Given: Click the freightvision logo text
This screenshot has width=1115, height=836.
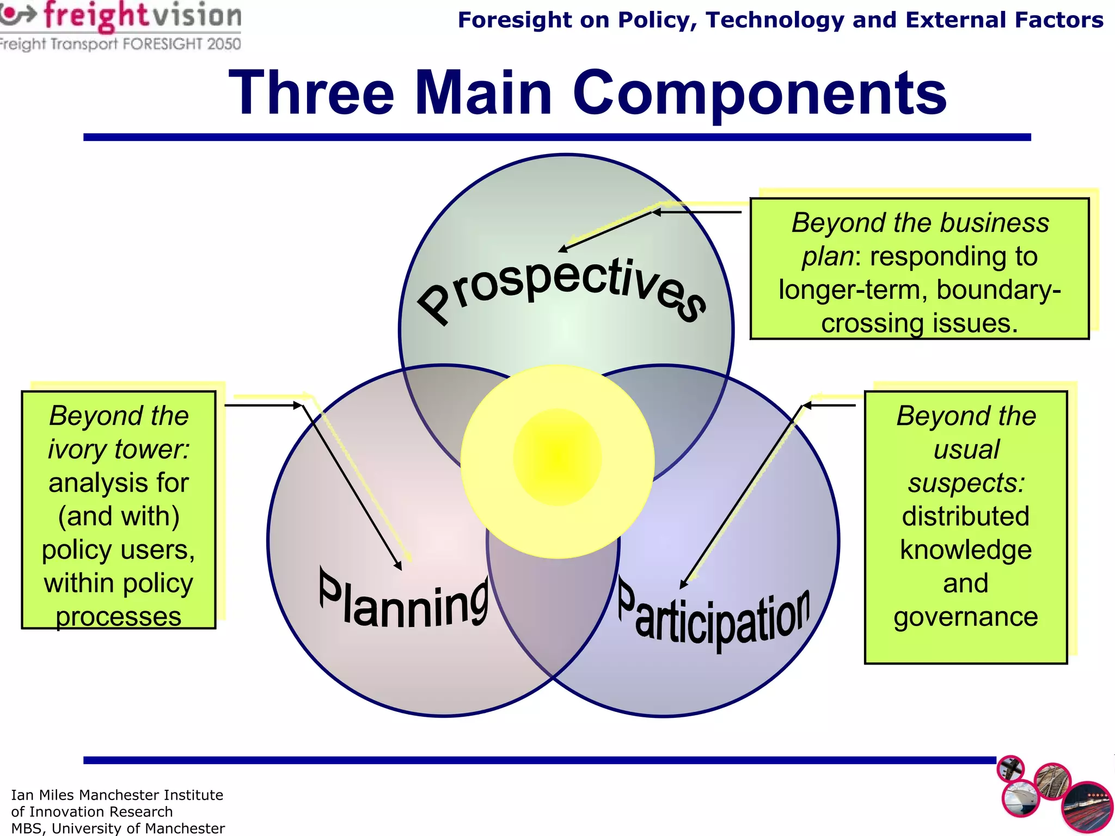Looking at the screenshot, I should [142, 16].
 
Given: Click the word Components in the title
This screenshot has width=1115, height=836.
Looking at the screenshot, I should [759, 94].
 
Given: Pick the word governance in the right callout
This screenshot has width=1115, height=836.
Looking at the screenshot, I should [965, 617].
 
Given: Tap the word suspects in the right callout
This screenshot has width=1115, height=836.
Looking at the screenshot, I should [965, 483].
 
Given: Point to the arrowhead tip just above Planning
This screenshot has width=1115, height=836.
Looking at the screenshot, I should [401, 569].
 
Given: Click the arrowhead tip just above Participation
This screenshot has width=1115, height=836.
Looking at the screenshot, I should [681, 588].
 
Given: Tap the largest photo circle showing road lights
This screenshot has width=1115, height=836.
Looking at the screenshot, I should [1087, 807].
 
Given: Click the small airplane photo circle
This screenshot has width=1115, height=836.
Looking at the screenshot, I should [1010, 769].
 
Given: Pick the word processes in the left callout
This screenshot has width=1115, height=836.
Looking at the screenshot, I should [118, 617].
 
